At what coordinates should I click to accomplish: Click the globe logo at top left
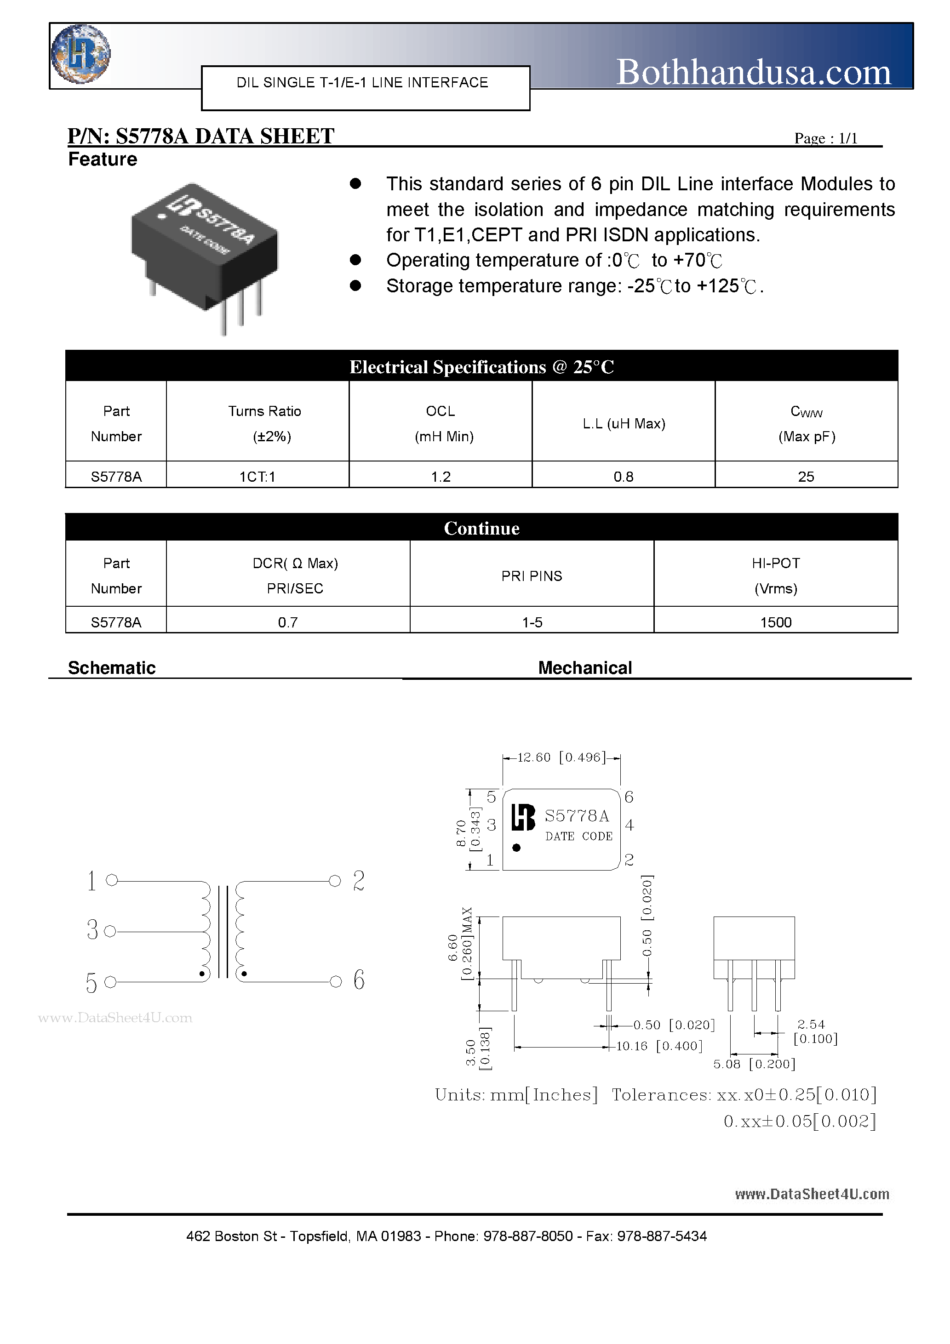(80, 54)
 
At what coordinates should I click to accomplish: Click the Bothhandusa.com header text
(753, 73)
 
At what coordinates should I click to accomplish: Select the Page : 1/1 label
(826, 138)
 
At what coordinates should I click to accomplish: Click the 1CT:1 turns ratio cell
(257, 477)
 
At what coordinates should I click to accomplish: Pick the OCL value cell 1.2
(441, 477)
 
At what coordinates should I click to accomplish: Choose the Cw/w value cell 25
(806, 477)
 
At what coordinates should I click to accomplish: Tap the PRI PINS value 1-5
(532, 622)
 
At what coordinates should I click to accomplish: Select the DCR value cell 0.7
(287, 622)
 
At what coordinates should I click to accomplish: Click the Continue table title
(481, 528)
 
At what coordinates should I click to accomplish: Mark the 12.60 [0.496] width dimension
(561, 757)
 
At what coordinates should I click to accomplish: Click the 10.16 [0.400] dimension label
(659, 1046)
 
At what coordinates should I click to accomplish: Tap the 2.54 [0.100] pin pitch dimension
(815, 1031)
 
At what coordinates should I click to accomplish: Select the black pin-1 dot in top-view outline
(516, 848)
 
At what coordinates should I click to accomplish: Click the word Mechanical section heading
(584, 668)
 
